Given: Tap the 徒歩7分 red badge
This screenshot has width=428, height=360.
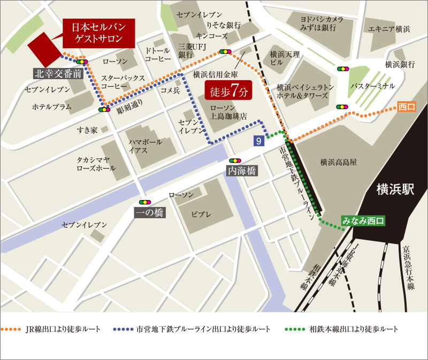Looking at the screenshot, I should click(x=228, y=91).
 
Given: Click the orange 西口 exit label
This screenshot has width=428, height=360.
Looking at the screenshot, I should click(x=407, y=107).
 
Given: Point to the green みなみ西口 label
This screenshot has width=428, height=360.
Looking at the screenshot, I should click(x=363, y=220).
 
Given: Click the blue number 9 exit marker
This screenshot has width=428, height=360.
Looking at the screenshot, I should click(x=259, y=141).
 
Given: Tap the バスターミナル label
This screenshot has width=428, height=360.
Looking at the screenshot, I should click(x=372, y=86).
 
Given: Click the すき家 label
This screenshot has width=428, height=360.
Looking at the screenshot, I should click(x=86, y=129).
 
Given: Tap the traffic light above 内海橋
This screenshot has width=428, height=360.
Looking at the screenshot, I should click(x=234, y=160).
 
